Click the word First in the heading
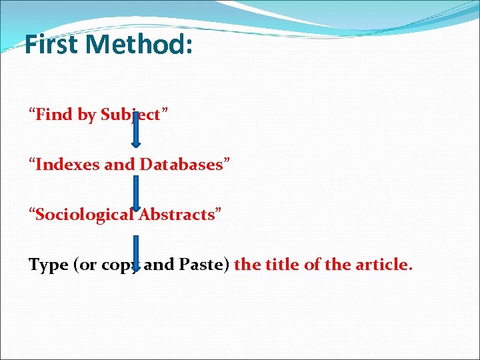point(53,45)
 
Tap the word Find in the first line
point(55,115)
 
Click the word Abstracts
point(177,214)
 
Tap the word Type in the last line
point(48,265)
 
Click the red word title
point(282,265)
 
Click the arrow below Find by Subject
point(135,131)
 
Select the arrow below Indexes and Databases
point(135,193)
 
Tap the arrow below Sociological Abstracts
point(135,254)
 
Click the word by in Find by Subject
point(87,115)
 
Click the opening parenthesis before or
point(75,265)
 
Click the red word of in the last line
point(311,265)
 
